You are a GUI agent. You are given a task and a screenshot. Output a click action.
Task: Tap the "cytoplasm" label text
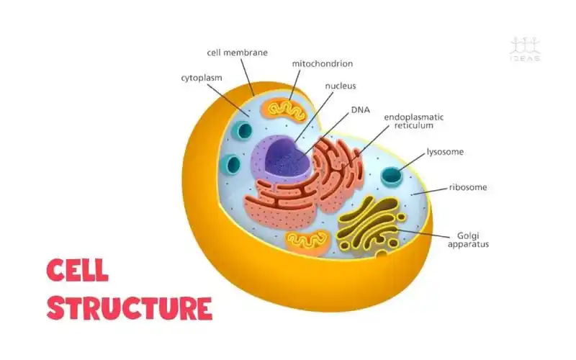201,76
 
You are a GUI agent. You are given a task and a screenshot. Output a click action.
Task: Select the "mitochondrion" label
322,63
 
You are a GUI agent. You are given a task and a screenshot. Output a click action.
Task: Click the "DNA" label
360,110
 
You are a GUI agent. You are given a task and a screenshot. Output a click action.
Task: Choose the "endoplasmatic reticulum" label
413,120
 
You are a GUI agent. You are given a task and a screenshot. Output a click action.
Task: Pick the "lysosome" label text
445,152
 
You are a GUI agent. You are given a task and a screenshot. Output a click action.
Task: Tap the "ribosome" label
468,187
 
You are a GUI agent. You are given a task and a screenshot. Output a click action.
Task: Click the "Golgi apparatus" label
468,239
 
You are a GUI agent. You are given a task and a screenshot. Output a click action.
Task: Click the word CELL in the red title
78,271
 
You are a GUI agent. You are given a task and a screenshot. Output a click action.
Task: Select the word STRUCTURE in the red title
130,307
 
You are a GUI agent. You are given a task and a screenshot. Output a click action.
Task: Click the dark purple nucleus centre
287,155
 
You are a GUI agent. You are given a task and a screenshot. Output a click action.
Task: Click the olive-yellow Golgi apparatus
369,225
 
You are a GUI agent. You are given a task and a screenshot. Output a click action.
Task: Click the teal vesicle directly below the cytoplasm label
244,131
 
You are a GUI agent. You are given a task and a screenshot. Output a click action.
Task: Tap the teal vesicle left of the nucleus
232,164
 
